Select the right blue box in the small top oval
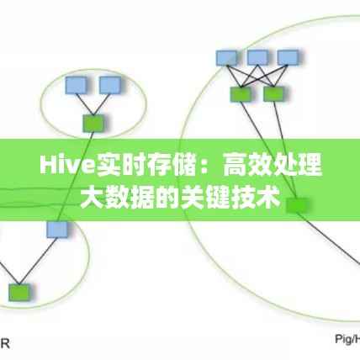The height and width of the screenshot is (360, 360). click(x=109, y=85)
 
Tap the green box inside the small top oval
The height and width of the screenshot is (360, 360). click(x=93, y=123)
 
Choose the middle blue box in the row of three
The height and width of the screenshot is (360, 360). click(x=257, y=57)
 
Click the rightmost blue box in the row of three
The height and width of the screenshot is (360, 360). click(x=289, y=57)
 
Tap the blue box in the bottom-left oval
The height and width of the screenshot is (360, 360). click(x=56, y=229)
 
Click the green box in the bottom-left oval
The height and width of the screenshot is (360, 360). click(x=18, y=292)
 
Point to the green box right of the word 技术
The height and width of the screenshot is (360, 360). click(x=297, y=204)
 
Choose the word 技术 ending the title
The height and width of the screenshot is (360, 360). click(x=261, y=198)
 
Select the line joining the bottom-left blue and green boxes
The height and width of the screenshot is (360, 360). click(x=37, y=261)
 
